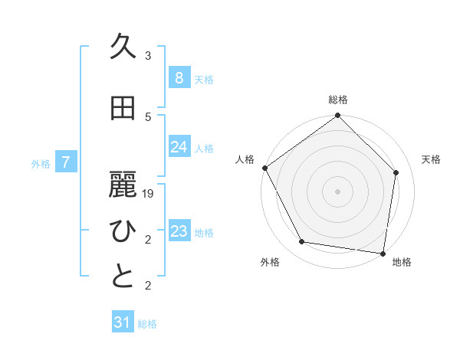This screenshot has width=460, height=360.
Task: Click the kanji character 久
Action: click(123, 48)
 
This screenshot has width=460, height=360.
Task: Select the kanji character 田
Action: click(123, 109)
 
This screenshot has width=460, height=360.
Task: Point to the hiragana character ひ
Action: click(123, 232)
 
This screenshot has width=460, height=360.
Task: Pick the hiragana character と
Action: click(123, 277)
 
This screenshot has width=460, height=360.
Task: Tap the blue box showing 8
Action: click(179, 77)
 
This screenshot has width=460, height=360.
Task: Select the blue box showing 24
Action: click(179, 147)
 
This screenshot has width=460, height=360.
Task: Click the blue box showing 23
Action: click(179, 231)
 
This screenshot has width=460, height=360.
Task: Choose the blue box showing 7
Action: click(66, 162)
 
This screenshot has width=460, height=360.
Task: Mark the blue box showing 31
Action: click(122, 322)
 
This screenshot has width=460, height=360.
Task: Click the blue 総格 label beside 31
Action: click(148, 324)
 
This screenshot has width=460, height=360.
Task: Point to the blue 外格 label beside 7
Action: click(41, 163)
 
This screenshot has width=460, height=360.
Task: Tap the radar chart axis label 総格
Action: click(338, 100)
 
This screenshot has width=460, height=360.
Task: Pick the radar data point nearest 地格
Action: click(383, 253)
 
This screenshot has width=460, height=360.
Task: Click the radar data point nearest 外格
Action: click(302, 242)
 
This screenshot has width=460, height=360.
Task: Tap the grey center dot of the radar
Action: click(338, 191)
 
